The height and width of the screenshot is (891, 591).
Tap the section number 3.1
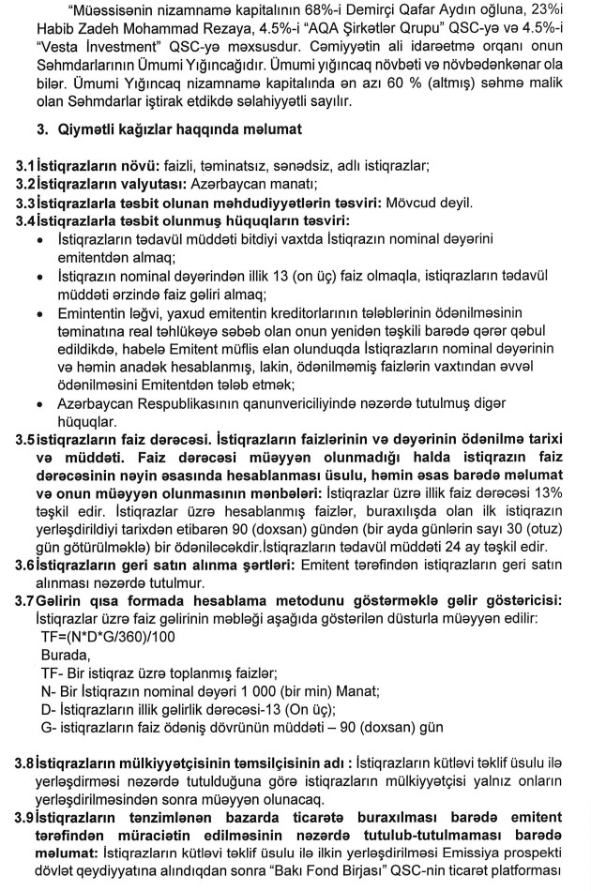coord(14,166)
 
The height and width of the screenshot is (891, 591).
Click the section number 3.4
coord(14,220)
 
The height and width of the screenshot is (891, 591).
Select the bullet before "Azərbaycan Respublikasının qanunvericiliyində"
coord(37,401)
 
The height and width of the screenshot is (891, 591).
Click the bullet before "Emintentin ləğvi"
coord(37,311)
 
